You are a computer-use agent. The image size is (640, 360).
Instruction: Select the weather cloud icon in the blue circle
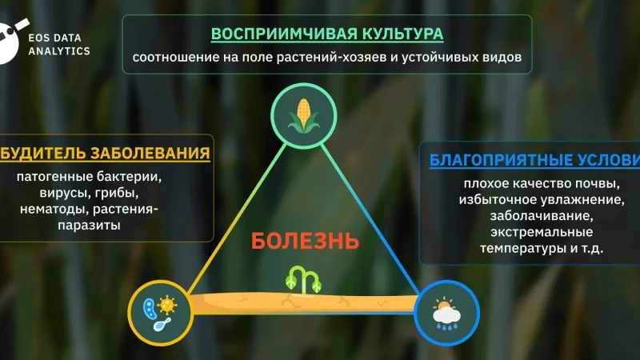[x=447, y=312]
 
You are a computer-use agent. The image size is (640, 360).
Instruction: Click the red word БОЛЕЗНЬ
[x=305, y=240]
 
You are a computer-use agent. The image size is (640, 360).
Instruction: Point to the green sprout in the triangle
[x=305, y=279]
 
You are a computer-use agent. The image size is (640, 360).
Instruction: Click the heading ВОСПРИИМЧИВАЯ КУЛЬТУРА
[x=327, y=34]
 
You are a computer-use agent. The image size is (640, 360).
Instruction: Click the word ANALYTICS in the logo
[x=60, y=50]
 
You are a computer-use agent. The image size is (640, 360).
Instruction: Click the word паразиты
[x=89, y=226]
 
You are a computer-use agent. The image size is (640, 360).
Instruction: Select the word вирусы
[x=60, y=194]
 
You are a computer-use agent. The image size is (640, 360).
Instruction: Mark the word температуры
[x=518, y=249]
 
